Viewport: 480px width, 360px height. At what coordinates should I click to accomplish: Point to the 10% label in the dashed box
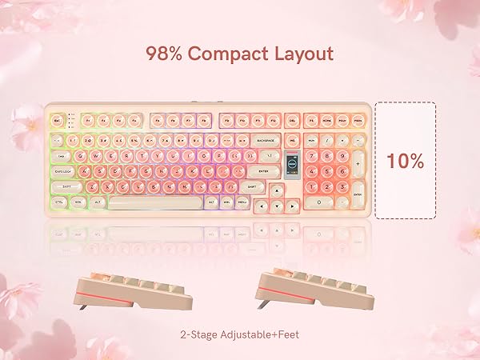(405, 160)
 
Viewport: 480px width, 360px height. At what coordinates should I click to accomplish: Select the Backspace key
(266, 140)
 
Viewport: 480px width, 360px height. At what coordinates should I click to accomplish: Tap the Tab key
(61, 156)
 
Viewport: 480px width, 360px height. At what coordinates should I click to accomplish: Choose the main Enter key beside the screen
(263, 171)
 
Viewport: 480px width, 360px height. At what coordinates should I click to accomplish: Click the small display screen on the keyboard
(293, 159)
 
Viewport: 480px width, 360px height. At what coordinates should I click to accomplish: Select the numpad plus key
(358, 164)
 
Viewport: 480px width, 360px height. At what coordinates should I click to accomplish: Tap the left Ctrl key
(59, 202)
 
